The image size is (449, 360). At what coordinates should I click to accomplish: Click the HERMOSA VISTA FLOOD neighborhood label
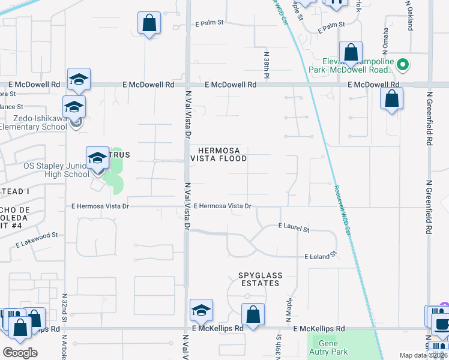click(x=218, y=154)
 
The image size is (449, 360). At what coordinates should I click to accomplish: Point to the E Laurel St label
click(x=294, y=229)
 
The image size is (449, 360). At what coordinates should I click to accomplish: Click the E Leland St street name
click(x=318, y=256)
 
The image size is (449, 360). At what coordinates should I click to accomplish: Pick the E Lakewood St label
click(x=37, y=240)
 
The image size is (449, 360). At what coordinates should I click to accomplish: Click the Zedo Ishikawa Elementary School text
click(x=34, y=122)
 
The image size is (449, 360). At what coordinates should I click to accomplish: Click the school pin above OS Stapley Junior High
click(x=97, y=158)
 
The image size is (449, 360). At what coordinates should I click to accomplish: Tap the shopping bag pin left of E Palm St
click(x=149, y=24)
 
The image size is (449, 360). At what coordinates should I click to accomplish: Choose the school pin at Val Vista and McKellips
click(x=200, y=310)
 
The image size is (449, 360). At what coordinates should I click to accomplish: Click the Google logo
click(x=19, y=353)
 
